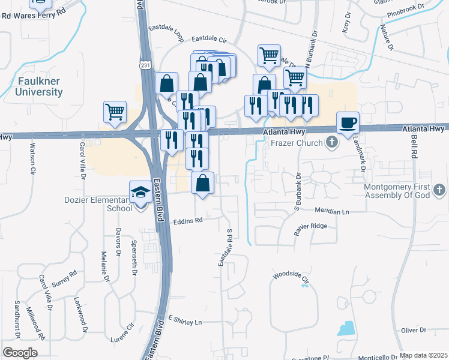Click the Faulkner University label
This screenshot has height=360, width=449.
(x=40, y=86)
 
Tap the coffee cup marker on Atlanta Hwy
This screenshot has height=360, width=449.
(x=348, y=124)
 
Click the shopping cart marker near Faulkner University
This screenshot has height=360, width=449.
(x=115, y=112)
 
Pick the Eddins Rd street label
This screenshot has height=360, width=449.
(x=188, y=220)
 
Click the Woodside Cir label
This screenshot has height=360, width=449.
(x=291, y=277)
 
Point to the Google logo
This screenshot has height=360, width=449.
(x=20, y=353)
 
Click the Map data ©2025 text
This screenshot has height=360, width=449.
(x=423, y=355)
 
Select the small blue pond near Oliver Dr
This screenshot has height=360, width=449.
(x=346, y=328)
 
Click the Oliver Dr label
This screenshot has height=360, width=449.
(x=414, y=330)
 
